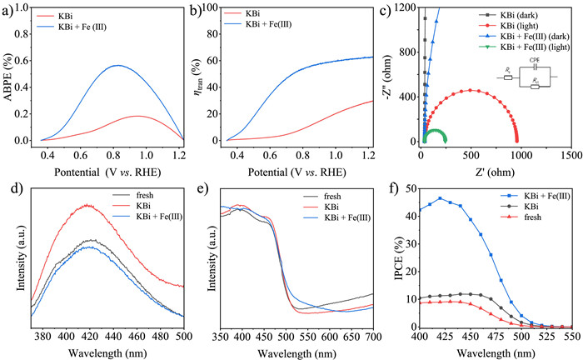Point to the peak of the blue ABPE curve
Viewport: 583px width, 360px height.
pyautogui.click(x=118, y=65)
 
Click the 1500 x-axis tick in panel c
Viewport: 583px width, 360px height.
pyautogui.click(x=570, y=153)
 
